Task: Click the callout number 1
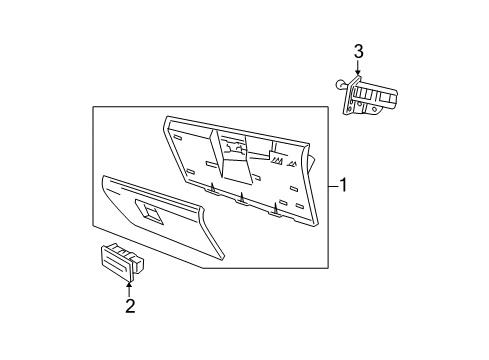tap(343, 185)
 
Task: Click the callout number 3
tap(358, 52)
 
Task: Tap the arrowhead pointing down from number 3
tap(358, 74)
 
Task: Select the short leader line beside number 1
tap(331, 185)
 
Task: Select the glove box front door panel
tap(160, 225)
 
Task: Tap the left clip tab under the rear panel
tap(212, 187)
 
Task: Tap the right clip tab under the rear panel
tap(276, 208)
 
